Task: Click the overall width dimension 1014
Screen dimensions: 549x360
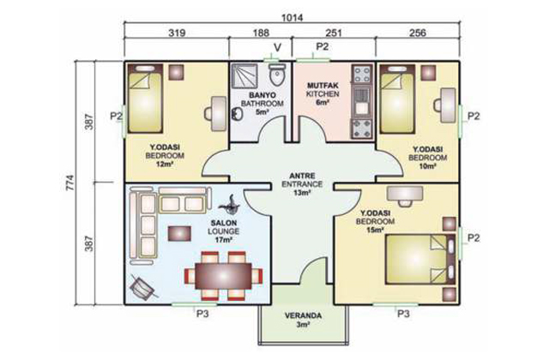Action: click(293, 17)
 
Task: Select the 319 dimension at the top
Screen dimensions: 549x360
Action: click(178, 33)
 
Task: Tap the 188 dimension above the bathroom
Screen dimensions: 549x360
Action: click(261, 33)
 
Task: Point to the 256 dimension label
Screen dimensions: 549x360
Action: click(418, 33)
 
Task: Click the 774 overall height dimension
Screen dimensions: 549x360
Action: click(70, 183)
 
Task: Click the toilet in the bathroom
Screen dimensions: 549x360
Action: click(278, 75)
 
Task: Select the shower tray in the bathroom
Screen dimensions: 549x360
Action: click(244, 75)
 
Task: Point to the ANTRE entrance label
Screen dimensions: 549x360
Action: click(302, 176)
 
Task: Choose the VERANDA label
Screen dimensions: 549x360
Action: click(303, 315)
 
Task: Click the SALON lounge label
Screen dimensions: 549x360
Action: click(223, 223)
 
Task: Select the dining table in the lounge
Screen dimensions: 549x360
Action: click(224, 275)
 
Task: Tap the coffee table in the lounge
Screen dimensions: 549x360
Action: click(179, 233)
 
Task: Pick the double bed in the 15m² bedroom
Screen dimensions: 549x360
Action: click(420, 259)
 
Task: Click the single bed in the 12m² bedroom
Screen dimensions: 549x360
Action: click(145, 99)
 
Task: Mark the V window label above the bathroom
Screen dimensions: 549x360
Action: click(277, 47)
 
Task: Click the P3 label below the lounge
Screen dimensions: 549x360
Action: click(202, 314)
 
